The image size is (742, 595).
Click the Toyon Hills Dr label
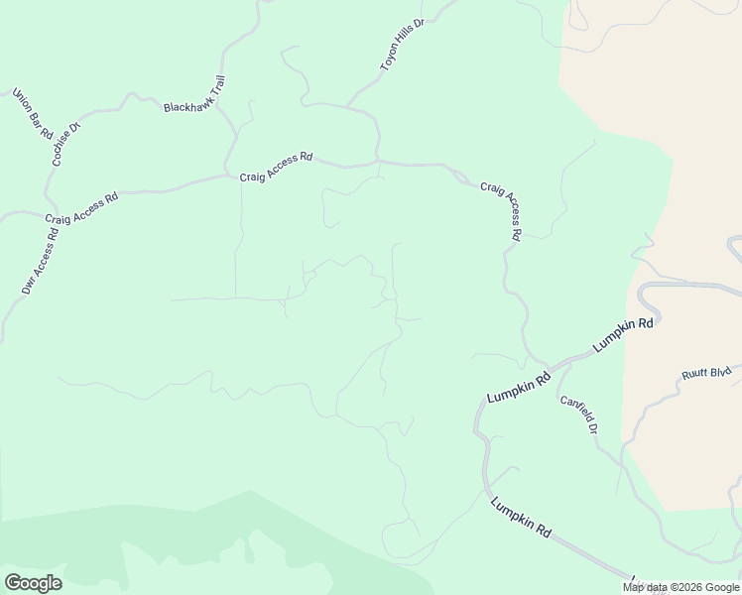[402, 44]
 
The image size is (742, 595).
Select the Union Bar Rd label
[32, 113]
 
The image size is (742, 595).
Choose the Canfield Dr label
[578, 414]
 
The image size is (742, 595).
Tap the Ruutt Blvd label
[706, 373]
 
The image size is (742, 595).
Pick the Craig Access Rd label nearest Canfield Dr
[500, 211]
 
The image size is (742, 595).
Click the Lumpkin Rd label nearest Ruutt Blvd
[624, 335]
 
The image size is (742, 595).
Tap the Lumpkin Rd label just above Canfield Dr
[519, 387]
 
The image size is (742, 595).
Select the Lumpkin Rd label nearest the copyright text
[521, 516]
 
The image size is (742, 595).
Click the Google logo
[33, 583]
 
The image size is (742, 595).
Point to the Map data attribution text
[681, 587]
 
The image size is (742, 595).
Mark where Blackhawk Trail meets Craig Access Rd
[230, 176]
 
